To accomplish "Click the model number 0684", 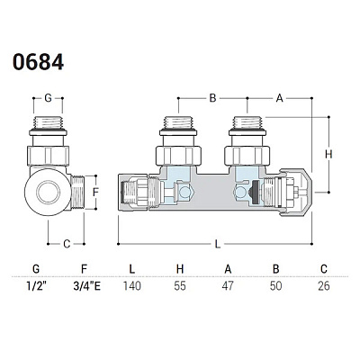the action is (38, 62).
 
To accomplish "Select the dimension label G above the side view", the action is (48, 98).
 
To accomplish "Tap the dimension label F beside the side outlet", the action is (95, 192).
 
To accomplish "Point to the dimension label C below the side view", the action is (67, 244).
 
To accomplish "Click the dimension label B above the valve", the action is (212, 98).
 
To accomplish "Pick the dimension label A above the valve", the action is (280, 98).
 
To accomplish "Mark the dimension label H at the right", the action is (328, 154).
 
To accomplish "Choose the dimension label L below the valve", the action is (218, 244).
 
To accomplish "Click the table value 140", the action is (132, 285).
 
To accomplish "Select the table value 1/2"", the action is (36, 285).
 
